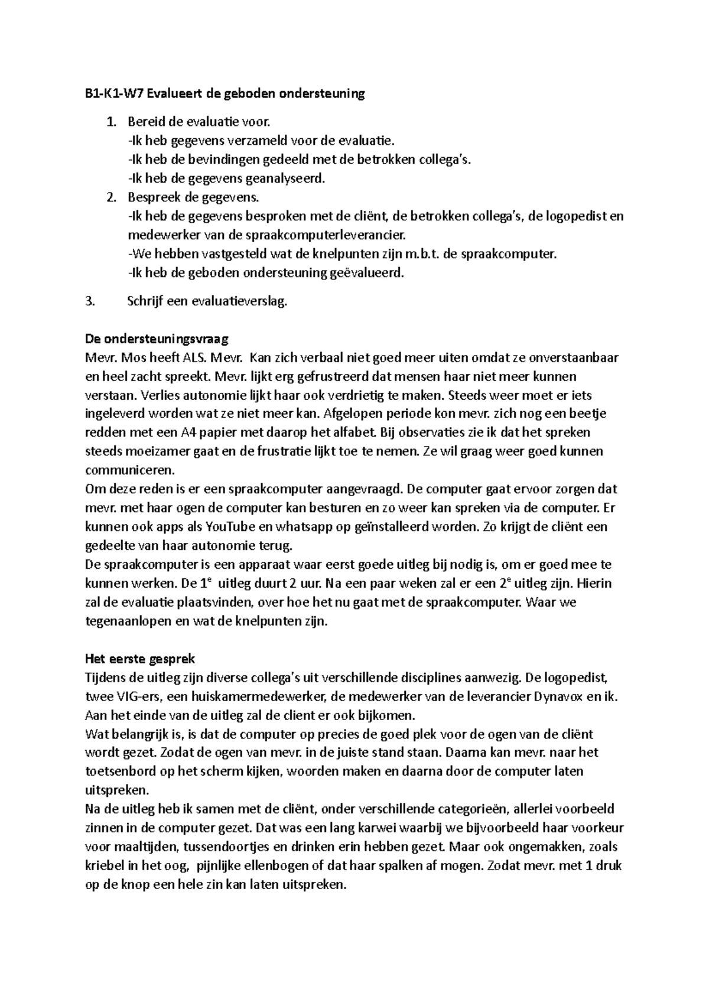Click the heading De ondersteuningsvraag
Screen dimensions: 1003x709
(157, 339)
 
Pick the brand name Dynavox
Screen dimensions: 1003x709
(555, 696)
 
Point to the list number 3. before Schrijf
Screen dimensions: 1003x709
(90, 301)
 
